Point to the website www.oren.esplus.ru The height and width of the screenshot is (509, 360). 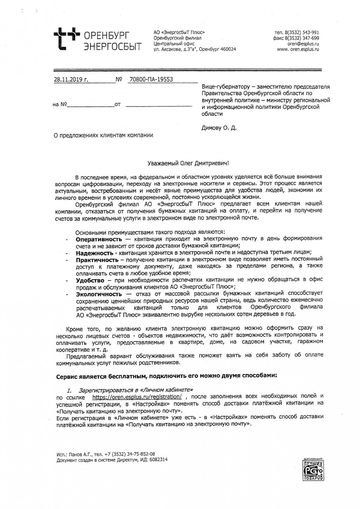(298, 49)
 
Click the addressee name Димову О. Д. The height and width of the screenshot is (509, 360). (219, 127)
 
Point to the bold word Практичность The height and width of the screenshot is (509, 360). (97, 259)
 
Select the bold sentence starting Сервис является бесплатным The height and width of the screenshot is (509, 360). (166, 376)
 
